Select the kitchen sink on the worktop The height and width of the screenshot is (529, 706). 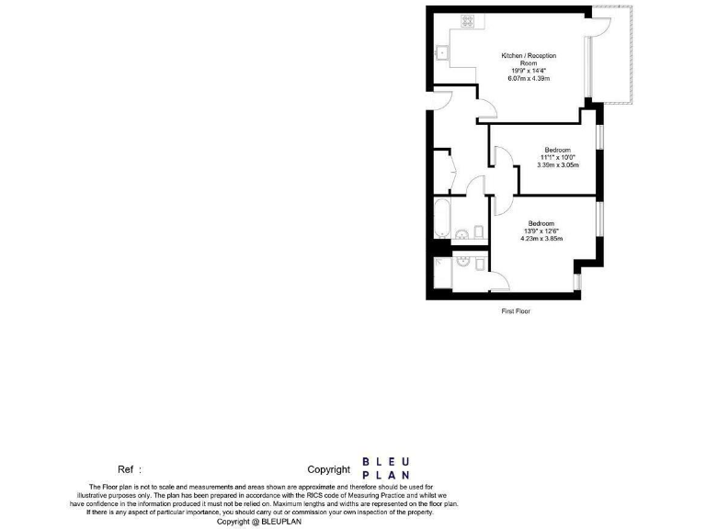[x=442, y=52]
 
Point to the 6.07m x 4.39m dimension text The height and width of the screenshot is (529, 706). [x=529, y=79]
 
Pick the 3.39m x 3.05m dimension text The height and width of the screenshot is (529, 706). [x=557, y=165]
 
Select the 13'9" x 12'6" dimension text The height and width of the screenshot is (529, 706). [x=541, y=231]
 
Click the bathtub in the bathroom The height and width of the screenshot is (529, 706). [x=442, y=219]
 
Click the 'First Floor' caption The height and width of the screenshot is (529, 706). [x=516, y=311]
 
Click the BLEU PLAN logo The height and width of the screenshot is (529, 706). [x=386, y=467]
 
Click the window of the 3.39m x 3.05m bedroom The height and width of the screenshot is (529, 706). [x=600, y=137]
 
